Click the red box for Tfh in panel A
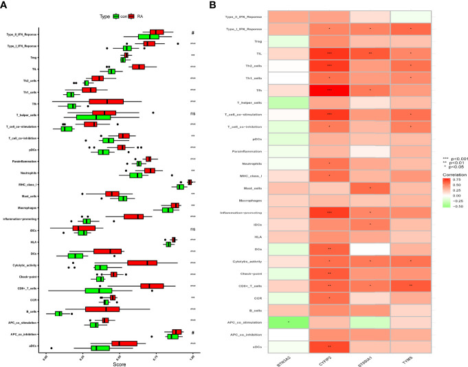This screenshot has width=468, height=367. tap(106, 102)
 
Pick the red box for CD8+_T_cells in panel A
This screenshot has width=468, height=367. tap(152, 286)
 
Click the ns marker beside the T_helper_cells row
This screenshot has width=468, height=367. tap(194, 113)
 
